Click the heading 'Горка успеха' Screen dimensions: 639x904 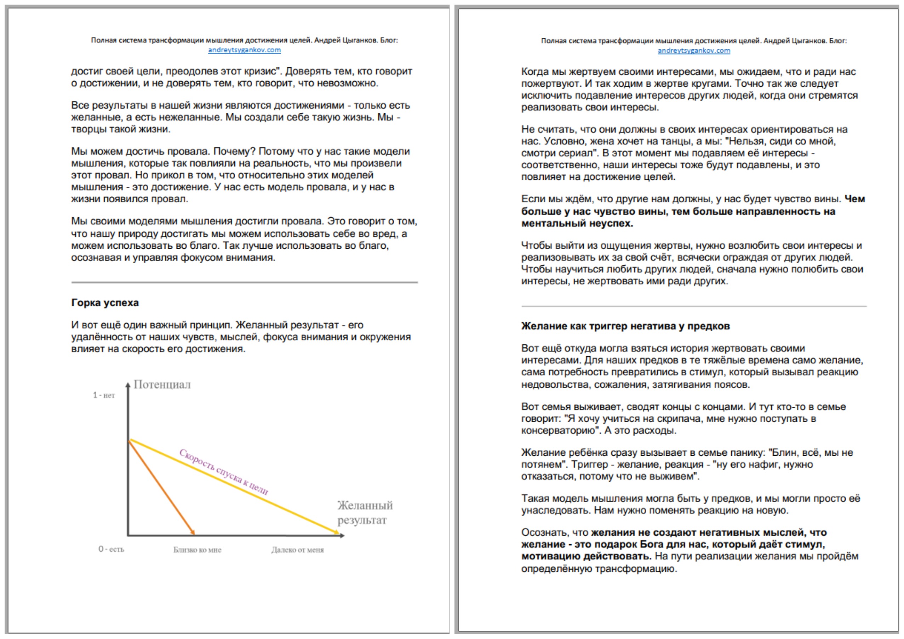pos(105,303)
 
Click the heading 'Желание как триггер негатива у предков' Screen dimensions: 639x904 pos(625,326)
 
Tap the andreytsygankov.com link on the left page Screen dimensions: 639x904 pos(244,50)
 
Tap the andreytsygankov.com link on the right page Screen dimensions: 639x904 pos(694,50)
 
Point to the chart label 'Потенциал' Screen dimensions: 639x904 pos(162,384)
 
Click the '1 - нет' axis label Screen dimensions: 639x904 pos(104,395)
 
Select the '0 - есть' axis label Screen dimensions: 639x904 pos(111,549)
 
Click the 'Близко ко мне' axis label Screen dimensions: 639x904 pos(197,550)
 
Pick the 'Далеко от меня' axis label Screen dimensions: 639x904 pos(297,550)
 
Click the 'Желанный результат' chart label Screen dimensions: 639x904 pos(365,512)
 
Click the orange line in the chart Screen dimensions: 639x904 pos(161,487)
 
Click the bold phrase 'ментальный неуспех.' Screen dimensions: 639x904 pos(577,224)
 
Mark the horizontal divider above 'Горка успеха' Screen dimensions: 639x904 pos(244,282)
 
